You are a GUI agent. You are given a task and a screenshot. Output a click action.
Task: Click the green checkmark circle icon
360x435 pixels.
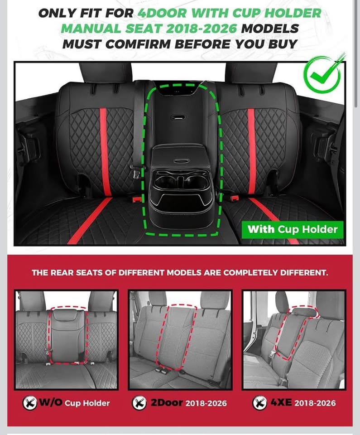pyautogui.click(x=322, y=74)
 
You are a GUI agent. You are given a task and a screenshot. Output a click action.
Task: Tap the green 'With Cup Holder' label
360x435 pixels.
pyautogui.click(x=293, y=229)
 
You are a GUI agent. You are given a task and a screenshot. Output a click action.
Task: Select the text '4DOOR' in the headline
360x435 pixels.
pyautogui.click(x=162, y=13)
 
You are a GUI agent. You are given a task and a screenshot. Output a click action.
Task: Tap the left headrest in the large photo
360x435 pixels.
pyautogui.click(x=105, y=72)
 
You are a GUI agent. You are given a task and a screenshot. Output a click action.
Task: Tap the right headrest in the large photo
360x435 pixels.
pyautogui.click(x=251, y=72)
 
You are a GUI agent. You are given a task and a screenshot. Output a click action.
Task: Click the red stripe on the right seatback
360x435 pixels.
pyautogui.click(x=252, y=151)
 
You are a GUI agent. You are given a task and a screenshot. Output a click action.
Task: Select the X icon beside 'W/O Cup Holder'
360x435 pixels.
pyautogui.click(x=30, y=403)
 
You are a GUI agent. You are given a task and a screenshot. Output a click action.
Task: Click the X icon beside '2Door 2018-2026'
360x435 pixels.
pyautogui.click(x=139, y=403)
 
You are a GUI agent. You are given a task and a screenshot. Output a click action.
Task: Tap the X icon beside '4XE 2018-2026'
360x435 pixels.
pyautogui.click(x=260, y=403)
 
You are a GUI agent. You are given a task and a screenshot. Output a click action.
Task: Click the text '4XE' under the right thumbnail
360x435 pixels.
pyautogui.click(x=281, y=402)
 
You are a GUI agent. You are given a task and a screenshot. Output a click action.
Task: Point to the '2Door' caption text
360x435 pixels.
pyautogui.click(x=167, y=402)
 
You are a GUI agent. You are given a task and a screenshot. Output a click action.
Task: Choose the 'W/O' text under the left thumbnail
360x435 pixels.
pyautogui.click(x=51, y=402)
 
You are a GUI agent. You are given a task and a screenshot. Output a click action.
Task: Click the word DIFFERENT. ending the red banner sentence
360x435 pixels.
pyautogui.click(x=304, y=272)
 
